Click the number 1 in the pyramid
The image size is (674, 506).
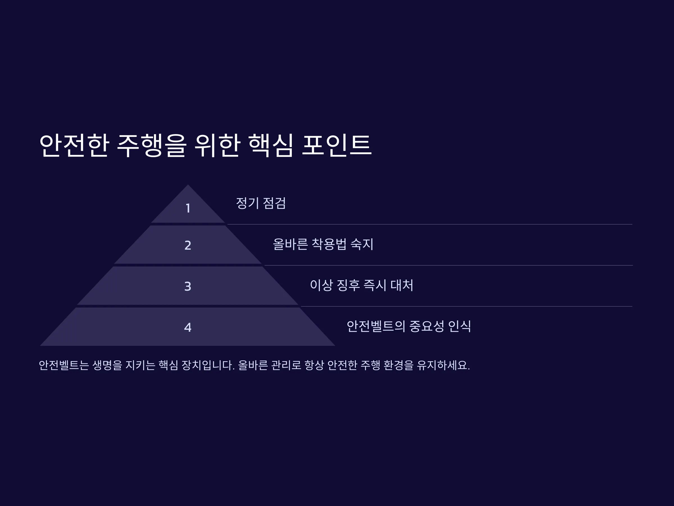pyautogui.click(x=188, y=208)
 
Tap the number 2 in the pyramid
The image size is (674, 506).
pyautogui.click(x=188, y=245)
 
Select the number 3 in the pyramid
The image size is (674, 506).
pyautogui.click(x=188, y=286)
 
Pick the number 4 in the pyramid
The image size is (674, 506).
pyautogui.click(x=188, y=327)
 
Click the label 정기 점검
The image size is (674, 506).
pyautogui.click(x=261, y=203)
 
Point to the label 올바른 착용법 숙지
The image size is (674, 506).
pyautogui.click(x=323, y=244)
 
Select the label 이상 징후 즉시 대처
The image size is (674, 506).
pyautogui.click(x=361, y=285)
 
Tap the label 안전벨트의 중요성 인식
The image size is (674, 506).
pyautogui.click(x=409, y=326)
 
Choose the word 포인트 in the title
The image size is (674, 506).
pyautogui.click(x=337, y=146)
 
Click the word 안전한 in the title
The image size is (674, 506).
pyautogui.click(x=74, y=146)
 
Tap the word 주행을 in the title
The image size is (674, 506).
pyautogui.click(x=151, y=146)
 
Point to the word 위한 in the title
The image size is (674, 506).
pyautogui.click(x=217, y=146)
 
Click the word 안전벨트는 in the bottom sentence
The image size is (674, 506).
pyautogui.click(x=64, y=365)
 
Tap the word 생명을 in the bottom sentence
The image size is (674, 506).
pyautogui.click(x=107, y=365)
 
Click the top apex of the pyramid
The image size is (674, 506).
pyautogui.click(x=188, y=184)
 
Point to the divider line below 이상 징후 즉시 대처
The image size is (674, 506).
pyautogui.click(x=467, y=306)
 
